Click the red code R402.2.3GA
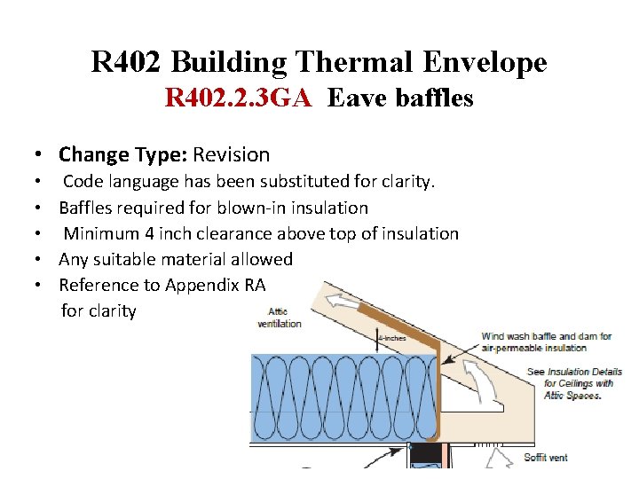(238, 98)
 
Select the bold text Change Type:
(122, 154)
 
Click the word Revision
(231, 154)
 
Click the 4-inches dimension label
(391, 337)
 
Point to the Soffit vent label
(547, 457)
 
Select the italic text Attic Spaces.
(572, 396)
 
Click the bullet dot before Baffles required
(42, 208)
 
